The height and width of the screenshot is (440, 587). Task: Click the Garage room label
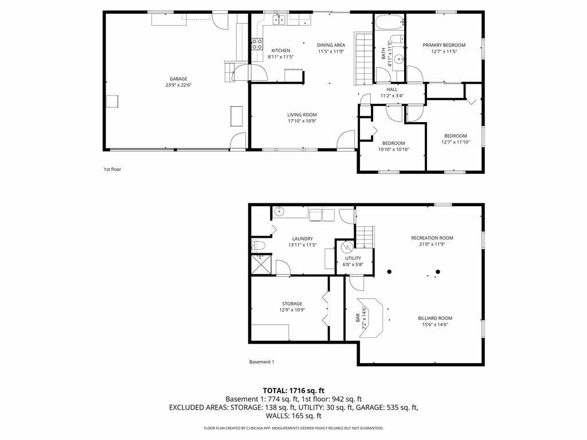[x=179, y=79]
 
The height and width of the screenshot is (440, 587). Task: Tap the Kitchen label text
[x=281, y=50]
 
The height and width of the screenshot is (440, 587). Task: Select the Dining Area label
[x=331, y=45]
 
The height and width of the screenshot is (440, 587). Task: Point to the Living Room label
[x=302, y=115]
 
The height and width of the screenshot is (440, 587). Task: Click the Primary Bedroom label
[x=444, y=45]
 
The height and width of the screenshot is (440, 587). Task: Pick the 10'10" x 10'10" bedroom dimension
[x=393, y=150]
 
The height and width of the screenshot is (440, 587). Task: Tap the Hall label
[x=392, y=89]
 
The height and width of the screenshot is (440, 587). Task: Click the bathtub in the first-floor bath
[x=390, y=22]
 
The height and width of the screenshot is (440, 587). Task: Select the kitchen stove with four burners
[x=257, y=44]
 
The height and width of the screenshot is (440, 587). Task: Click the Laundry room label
[x=303, y=239]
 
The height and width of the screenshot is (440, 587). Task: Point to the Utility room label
[x=353, y=258]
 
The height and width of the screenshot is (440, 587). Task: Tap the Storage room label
[x=292, y=304]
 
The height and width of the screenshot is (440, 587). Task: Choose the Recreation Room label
[x=432, y=238]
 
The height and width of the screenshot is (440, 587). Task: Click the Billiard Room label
[x=435, y=319]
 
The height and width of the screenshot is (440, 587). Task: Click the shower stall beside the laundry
[x=261, y=264]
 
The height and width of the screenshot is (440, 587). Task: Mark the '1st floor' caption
[x=112, y=170]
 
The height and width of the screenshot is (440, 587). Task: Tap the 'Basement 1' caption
[x=261, y=362]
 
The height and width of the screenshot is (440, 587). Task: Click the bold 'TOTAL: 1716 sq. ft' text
[x=293, y=391]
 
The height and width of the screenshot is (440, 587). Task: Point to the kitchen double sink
[x=279, y=20]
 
